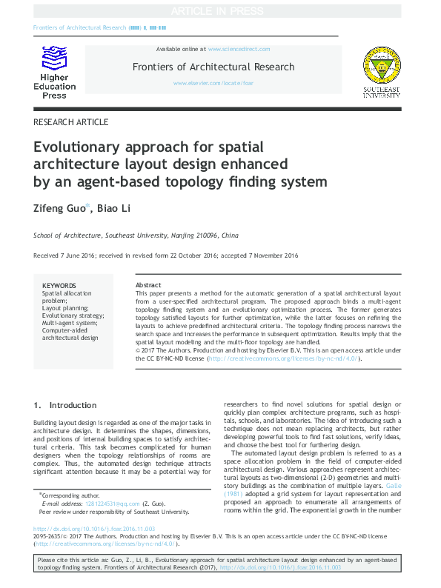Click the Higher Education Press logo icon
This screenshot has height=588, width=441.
53,58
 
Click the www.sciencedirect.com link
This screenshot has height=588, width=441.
239,49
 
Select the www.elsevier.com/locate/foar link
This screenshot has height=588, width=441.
212,83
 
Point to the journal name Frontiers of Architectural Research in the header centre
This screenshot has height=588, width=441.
213,67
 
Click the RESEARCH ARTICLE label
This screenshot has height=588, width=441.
71,122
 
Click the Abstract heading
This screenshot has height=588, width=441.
148,285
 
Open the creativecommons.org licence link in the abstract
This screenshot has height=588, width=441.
285,358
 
